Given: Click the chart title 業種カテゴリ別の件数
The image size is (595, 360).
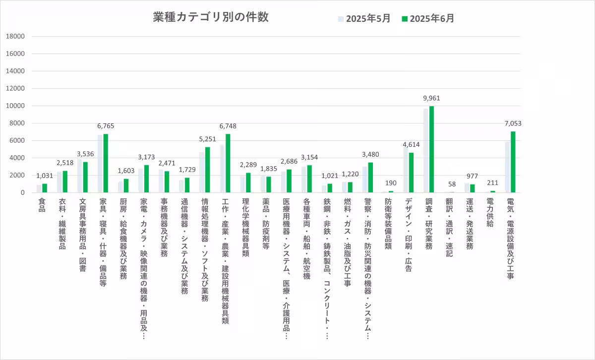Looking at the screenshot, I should pyautogui.click(x=211, y=17).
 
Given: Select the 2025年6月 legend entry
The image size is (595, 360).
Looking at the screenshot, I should pyautogui.click(x=427, y=19).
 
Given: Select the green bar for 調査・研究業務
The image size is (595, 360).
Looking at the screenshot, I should pyautogui.click(x=431, y=149).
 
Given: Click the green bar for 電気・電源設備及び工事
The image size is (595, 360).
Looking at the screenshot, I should pyautogui.click(x=513, y=162).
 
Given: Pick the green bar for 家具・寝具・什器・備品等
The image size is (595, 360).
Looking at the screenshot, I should pyautogui.click(x=106, y=163).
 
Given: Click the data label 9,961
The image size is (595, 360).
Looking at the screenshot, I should pyautogui.click(x=431, y=98).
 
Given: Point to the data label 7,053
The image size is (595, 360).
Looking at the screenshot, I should pyautogui.click(x=513, y=123).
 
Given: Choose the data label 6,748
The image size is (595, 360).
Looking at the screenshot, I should pyautogui.click(x=228, y=126).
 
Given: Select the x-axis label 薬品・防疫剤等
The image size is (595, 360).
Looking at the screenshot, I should pyautogui.click(x=266, y=224).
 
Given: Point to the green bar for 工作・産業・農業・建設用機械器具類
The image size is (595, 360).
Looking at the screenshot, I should pyautogui.click(x=228, y=163).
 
